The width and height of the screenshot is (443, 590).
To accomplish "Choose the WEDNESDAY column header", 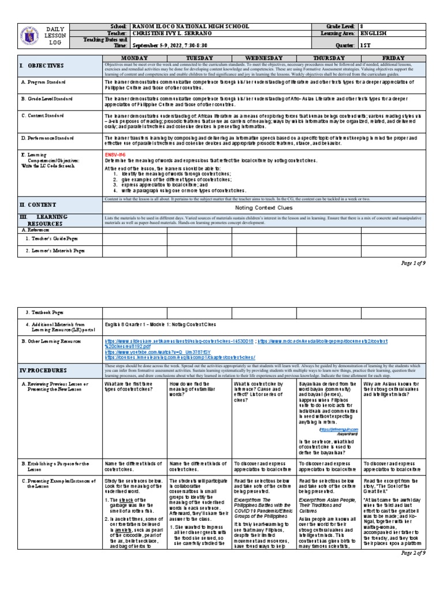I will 264,58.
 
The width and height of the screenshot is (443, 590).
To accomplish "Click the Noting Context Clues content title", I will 264,207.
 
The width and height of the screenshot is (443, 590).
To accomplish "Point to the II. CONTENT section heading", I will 38,205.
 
